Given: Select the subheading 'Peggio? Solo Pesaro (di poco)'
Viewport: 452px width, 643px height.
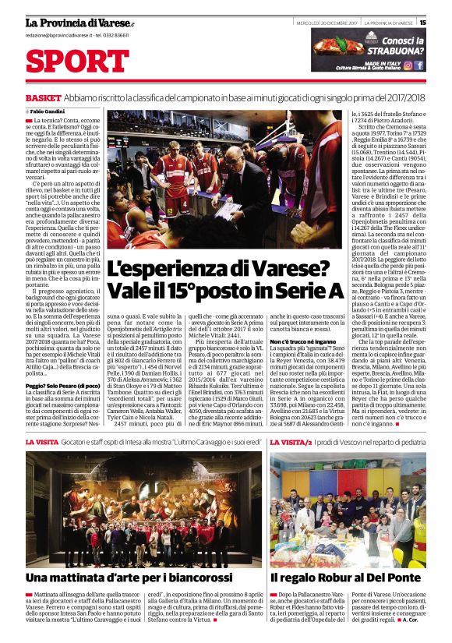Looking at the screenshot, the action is [x=62, y=385].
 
